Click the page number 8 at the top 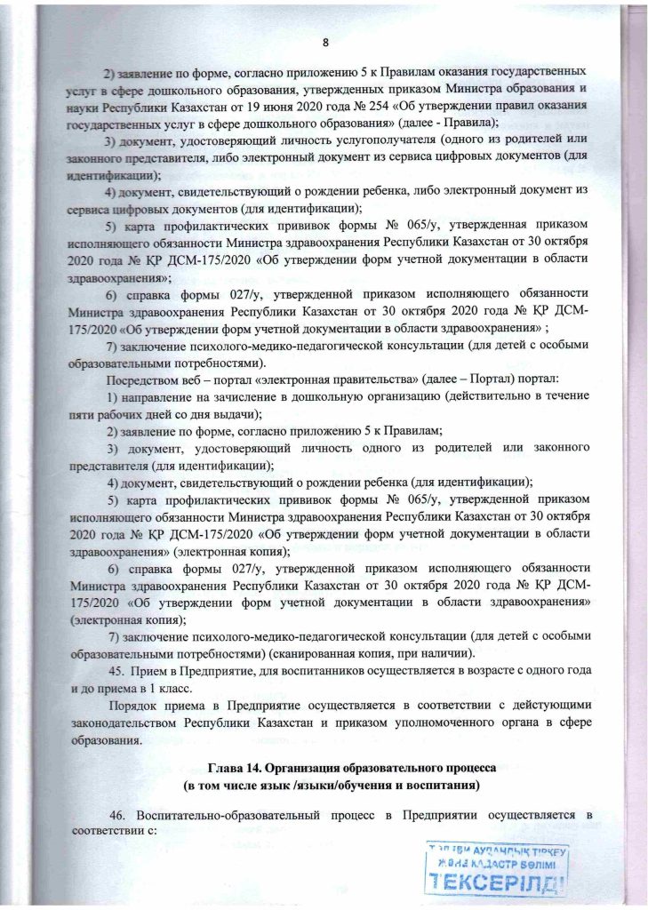click(325, 43)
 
